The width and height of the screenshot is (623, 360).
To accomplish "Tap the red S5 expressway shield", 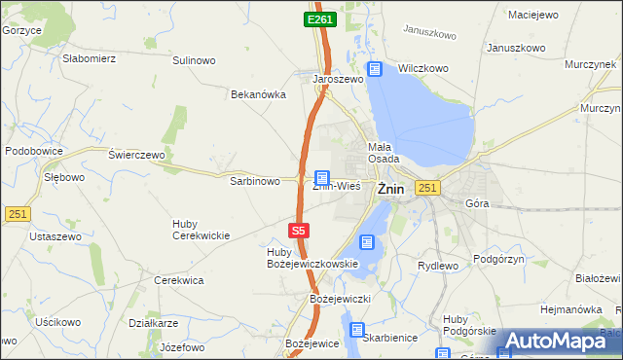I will pyautogui.click(x=299, y=231).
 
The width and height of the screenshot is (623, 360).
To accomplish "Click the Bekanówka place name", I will pyautogui.click(x=257, y=94).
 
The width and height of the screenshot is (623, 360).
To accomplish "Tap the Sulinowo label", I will pyautogui.click(x=194, y=60).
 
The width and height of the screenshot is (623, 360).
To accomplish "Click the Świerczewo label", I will pyautogui.click(x=137, y=155).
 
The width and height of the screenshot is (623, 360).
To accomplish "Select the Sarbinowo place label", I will pyautogui.click(x=254, y=181).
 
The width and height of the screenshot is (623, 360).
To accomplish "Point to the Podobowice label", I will pyautogui.click(x=34, y=151).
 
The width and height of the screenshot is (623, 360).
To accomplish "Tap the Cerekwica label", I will pyautogui.click(x=179, y=280).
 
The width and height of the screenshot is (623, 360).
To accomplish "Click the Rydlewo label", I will pyautogui.click(x=437, y=266).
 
